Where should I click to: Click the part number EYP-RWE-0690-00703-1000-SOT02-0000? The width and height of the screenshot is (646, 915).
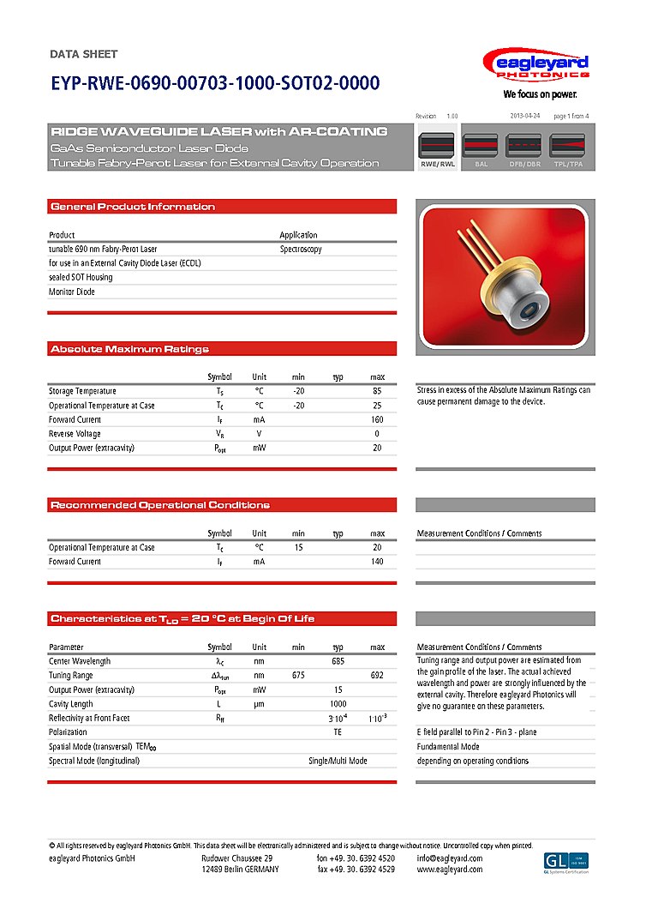(214, 84)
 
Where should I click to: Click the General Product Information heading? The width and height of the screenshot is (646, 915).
(133, 207)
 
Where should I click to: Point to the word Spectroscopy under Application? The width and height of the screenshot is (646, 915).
(301, 249)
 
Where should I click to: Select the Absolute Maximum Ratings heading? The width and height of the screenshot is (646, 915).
(129, 349)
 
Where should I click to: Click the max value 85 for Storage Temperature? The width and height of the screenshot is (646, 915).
(377, 391)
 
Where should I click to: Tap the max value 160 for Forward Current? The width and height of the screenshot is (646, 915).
(377, 419)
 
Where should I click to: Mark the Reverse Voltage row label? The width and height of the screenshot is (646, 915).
(75, 434)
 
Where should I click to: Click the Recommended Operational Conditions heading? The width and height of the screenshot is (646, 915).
(160, 505)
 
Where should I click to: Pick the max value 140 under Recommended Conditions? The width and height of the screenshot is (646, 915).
(377, 562)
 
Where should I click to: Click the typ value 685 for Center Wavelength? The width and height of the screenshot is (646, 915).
(338, 661)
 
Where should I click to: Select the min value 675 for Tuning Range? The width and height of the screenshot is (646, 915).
(298, 676)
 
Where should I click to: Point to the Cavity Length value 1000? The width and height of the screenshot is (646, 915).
(338, 704)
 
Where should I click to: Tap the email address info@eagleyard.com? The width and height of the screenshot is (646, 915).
(450, 858)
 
